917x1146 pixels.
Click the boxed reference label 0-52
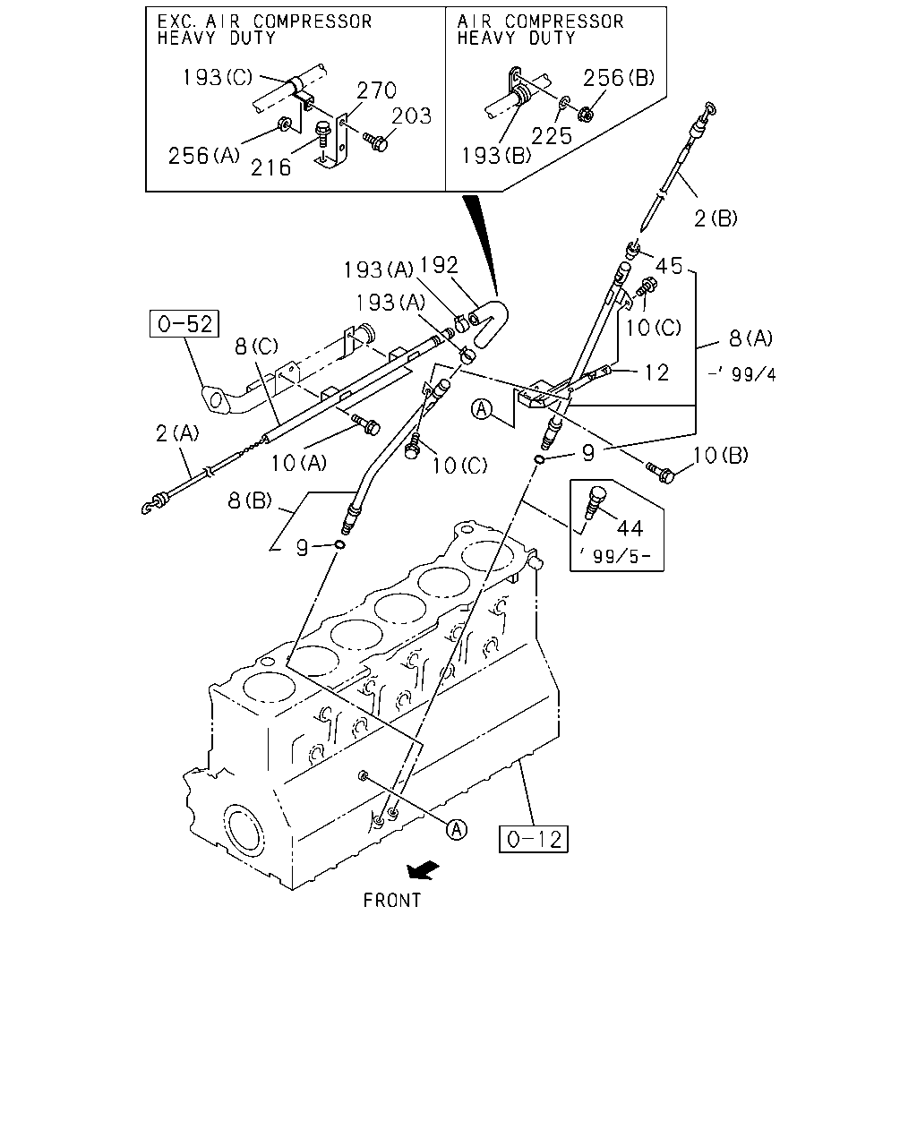pyautogui.click(x=184, y=323)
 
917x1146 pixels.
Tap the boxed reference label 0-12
pyautogui.click(x=534, y=839)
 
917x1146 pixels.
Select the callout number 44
pyautogui.click(x=630, y=528)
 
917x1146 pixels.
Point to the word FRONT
pyautogui.click(x=392, y=901)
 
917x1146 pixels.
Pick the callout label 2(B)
pyautogui.click(x=716, y=218)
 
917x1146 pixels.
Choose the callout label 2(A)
pyautogui.click(x=177, y=433)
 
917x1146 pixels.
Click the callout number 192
pyautogui.click(x=439, y=265)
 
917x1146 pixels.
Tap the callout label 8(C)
pyautogui.click(x=256, y=346)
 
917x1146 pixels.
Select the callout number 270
pyautogui.click(x=377, y=90)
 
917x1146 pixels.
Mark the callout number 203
pyautogui.click(x=411, y=115)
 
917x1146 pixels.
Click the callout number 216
pyautogui.click(x=271, y=167)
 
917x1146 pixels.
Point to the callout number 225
pyautogui.click(x=552, y=136)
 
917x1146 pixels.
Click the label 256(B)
pyautogui.click(x=619, y=78)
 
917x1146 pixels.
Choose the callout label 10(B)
pyautogui.click(x=720, y=455)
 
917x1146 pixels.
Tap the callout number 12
pyautogui.click(x=656, y=372)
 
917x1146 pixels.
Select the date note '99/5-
pyautogui.click(x=615, y=556)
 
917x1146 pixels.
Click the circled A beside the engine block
pyautogui.click(x=457, y=829)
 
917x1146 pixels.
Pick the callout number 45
pyautogui.click(x=669, y=266)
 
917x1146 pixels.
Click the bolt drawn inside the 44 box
pyautogui.click(x=595, y=501)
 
